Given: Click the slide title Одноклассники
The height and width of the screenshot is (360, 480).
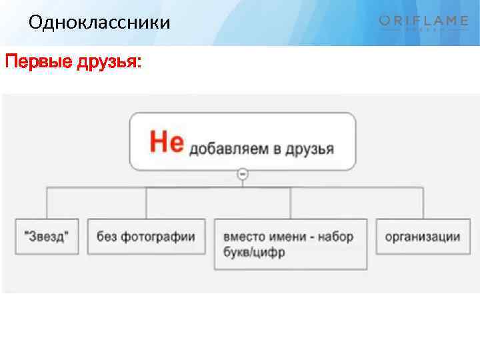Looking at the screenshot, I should tap(99, 23).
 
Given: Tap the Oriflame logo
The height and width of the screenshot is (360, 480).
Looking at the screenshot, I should tap(423, 23).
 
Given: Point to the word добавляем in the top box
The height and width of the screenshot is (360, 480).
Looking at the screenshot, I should tap(229, 148).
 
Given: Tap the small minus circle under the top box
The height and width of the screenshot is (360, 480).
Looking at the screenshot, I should tap(243, 174).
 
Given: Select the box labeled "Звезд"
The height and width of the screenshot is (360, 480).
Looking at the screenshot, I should tap(46, 237).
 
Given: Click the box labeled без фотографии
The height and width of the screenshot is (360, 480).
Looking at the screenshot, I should tap(146, 237).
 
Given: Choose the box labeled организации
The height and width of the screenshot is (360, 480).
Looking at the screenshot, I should tap(423, 237).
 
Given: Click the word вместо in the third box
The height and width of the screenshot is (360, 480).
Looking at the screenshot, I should tap(244, 237).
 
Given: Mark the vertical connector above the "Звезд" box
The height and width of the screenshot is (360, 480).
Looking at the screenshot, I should tap(46, 203).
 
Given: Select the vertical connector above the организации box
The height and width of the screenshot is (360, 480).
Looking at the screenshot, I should tap(423, 203).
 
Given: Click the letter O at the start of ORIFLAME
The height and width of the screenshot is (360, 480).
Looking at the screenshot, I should tap(386, 21).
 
